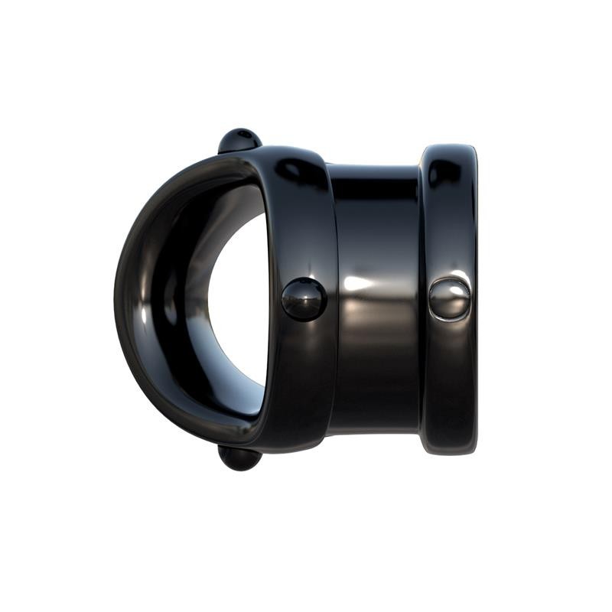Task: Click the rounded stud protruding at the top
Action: point(239,140)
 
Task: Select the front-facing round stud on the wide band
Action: point(304,299)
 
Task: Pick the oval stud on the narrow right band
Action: point(450,298)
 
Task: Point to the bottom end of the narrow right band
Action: point(449,451)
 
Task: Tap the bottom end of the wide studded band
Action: point(295,447)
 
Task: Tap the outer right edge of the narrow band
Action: point(475,298)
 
